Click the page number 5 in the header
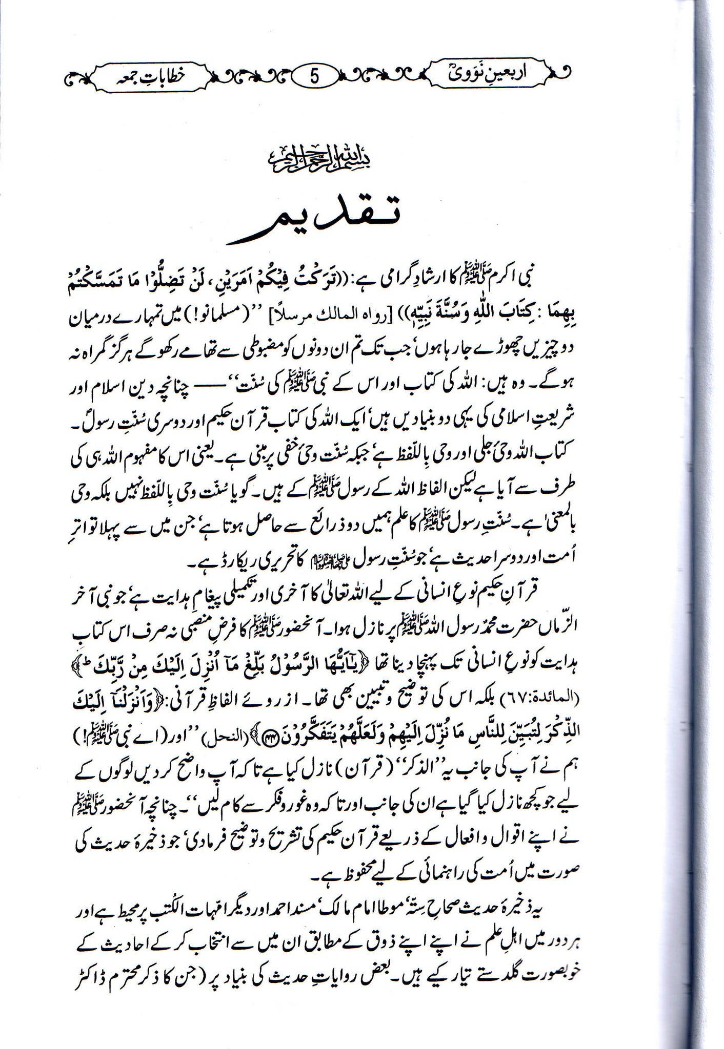coord(314,76)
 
